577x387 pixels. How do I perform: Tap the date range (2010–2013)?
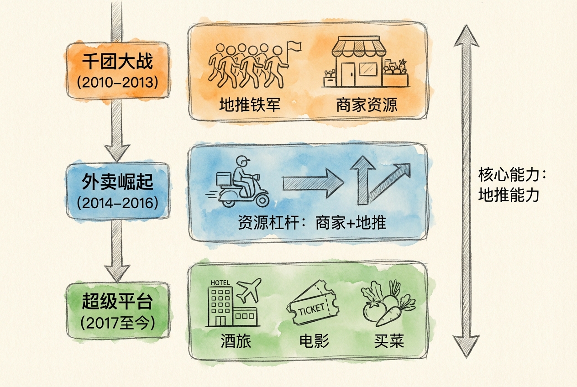(x=118, y=83)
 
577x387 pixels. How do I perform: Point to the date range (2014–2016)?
(x=118, y=203)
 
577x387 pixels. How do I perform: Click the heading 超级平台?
(x=118, y=303)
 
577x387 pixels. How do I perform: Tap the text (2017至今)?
(x=118, y=323)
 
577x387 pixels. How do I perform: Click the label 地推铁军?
(x=249, y=105)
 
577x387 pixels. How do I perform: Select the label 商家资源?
(x=367, y=105)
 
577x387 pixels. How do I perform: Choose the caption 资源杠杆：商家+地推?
(x=312, y=223)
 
